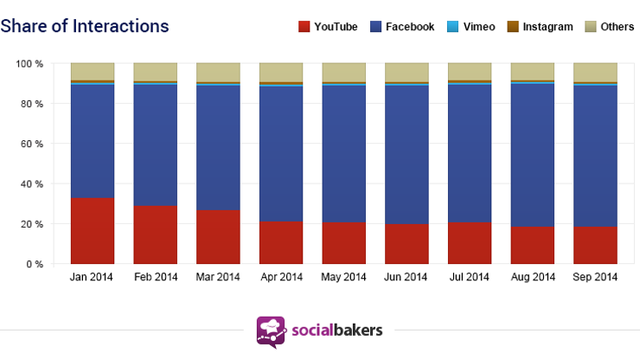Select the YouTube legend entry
(329, 27)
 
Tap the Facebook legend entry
(402, 27)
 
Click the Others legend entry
(609, 27)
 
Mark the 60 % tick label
(32, 144)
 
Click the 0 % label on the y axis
(35, 264)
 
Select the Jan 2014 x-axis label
(93, 278)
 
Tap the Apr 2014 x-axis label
(281, 278)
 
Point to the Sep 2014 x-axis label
(595, 278)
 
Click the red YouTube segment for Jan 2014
(93, 231)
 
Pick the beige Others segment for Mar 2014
(218, 72)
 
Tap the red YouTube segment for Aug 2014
(532, 245)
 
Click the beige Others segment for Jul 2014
(470, 71)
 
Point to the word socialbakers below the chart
(336, 331)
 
